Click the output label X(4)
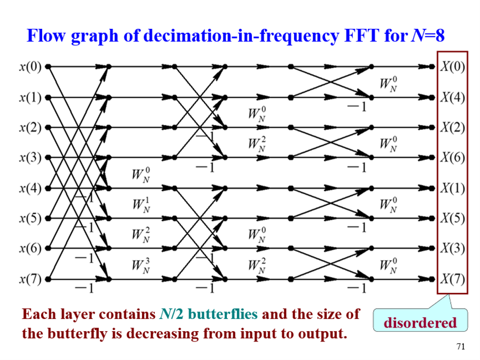(453, 97)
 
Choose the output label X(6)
(453, 158)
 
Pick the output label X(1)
(453, 188)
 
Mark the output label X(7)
(453, 280)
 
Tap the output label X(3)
(453, 249)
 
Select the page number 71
(460, 347)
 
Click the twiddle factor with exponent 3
(139, 265)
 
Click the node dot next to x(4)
(49, 188)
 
